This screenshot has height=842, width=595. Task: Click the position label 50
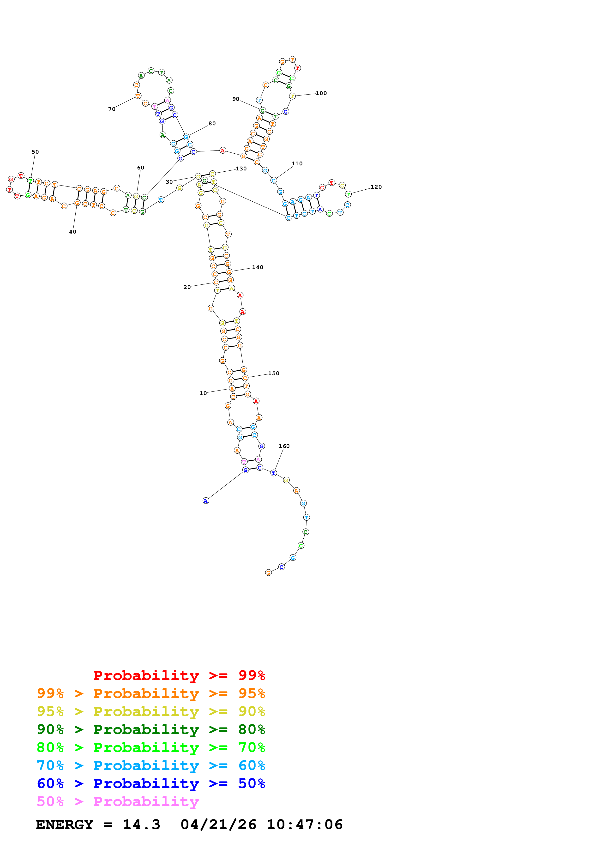[x=35, y=152]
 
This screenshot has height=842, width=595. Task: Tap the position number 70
[x=112, y=109]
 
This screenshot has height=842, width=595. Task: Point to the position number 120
[x=376, y=187]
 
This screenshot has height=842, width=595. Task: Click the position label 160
[x=284, y=446]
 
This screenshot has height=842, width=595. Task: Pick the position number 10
[x=203, y=393]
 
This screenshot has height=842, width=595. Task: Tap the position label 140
[x=258, y=267]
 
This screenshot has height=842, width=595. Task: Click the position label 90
[x=236, y=99]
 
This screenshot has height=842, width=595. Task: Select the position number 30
[x=169, y=182]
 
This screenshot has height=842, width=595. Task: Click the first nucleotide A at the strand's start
[x=206, y=501]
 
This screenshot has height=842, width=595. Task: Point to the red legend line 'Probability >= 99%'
[x=179, y=675]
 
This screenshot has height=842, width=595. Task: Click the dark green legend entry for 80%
[x=151, y=729]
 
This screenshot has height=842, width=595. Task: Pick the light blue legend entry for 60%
[x=151, y=765]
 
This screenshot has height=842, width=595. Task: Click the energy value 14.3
[x=142, y=825]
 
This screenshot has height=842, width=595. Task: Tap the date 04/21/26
[x=218, y=825]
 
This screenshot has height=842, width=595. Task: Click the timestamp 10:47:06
[x=305, y=825]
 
